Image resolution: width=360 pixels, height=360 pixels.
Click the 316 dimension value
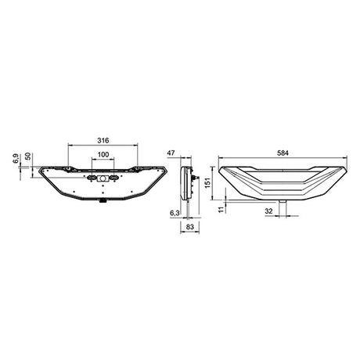pyautogui.click(x=103, y=139)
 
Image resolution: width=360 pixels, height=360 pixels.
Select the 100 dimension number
pyautogui.click(x=103, y=154)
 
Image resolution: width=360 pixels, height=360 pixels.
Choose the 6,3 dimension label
pyautogui.click(x=175, y=212)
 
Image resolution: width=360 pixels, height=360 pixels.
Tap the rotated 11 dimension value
pyautogui.click(x=221, y=209)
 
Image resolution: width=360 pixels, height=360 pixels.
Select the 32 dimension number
pyautogui.click(x=268, y=211)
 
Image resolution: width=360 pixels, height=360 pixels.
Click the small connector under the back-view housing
pyautogui.click(x=103, y=201)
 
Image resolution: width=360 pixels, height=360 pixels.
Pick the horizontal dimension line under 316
pyautogui.click(x=103, y=145)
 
